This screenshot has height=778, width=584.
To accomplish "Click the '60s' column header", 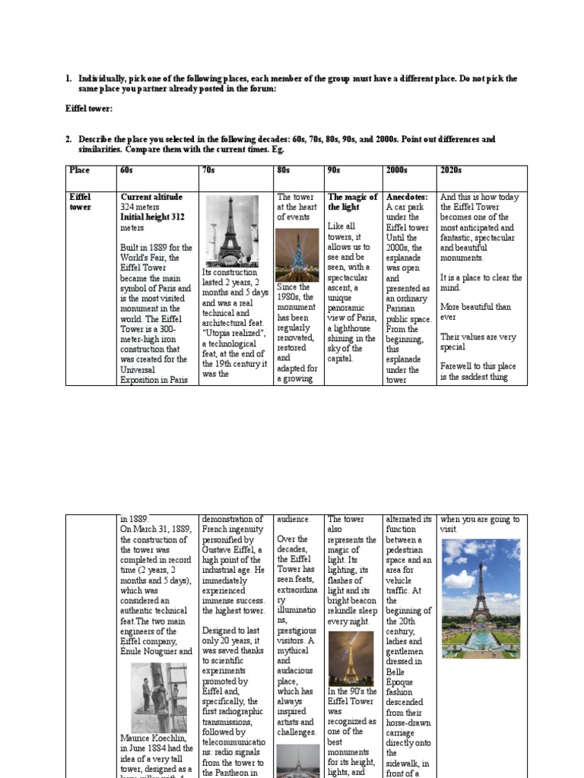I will click(126, 170).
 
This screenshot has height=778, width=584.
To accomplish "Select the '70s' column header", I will click(208, 170).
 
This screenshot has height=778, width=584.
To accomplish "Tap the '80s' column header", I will click(283, 170).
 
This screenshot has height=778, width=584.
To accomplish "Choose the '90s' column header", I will click(335, 170).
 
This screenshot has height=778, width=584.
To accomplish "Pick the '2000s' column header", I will click(397, 170).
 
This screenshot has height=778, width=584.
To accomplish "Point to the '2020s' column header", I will click(451, 170).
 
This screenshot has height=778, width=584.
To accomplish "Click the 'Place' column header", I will click(79, 170).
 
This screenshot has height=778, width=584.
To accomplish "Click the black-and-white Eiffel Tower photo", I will click(230, 231).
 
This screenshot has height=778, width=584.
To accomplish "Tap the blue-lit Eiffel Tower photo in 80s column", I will click(297, 255).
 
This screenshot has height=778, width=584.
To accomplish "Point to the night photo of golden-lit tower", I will click(351, 658).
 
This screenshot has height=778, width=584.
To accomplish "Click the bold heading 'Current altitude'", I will click(151, 197).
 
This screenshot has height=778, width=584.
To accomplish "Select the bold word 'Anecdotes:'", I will click(407, 197).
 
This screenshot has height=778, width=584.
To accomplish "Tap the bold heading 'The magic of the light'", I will click(352, 201).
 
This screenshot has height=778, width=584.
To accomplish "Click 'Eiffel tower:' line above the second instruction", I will click(89, 109).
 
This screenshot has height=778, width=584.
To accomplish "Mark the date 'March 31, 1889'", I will click(163, 529).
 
